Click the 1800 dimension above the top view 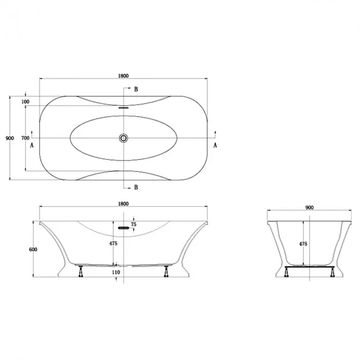(x=123, y=76)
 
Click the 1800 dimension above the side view (x=123, y=204)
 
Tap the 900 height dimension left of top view (x=10, y=138)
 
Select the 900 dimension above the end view (x=309, y=208)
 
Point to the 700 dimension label (x=25, y=138)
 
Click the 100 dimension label (x=25, y=102)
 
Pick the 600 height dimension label (x=33, y=249)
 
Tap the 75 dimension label (x=133, y=224)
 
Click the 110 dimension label (x=116, y=272)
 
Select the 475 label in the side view (x=113, y=243)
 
